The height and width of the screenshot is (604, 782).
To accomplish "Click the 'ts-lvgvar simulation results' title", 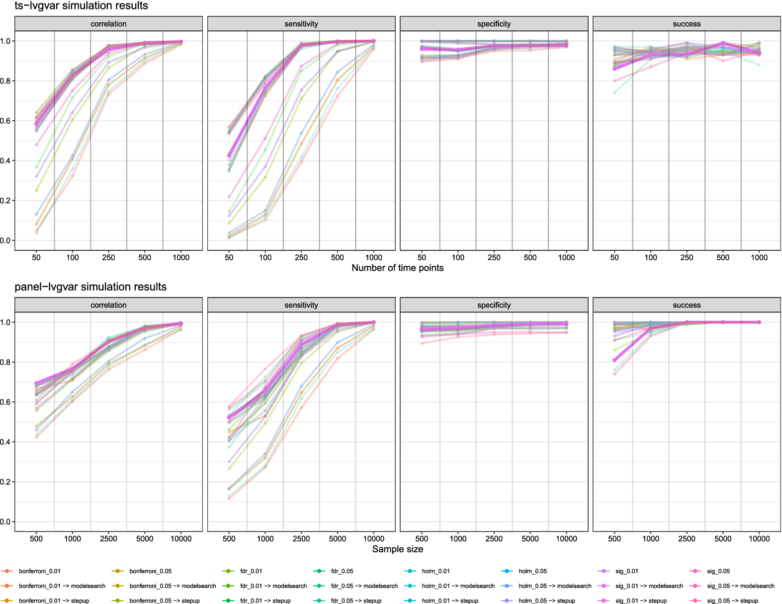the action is click(82, 5).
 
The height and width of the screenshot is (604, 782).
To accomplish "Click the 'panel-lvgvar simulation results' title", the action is click(90, 287).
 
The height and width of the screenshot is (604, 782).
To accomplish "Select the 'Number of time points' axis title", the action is click(397, 268).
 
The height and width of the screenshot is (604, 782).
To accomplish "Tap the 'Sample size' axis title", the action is click(397, 549).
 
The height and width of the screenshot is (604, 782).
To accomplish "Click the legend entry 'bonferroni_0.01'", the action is click(31, 571).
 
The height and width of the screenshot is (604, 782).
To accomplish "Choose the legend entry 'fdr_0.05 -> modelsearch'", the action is click(356, 586).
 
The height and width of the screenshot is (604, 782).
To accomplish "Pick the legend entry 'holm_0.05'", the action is click(524, 571).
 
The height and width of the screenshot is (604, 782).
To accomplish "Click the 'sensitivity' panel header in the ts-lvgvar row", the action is click(301, 24).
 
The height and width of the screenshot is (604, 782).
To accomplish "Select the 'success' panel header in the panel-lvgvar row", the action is click(687, 305).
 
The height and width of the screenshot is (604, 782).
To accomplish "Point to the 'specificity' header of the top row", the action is click(494, 24).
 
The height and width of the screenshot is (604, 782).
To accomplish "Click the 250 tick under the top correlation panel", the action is click(108, 257).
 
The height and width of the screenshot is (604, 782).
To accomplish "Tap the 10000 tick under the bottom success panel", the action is click(759, 538).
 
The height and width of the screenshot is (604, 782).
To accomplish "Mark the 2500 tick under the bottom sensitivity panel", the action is click(301, 538).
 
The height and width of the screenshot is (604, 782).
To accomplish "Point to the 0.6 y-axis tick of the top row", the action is click(5, 121).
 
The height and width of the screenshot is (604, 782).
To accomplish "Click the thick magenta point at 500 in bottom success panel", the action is click(614, 360).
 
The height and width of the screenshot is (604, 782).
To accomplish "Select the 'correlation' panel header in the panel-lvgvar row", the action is click(108, 305).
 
